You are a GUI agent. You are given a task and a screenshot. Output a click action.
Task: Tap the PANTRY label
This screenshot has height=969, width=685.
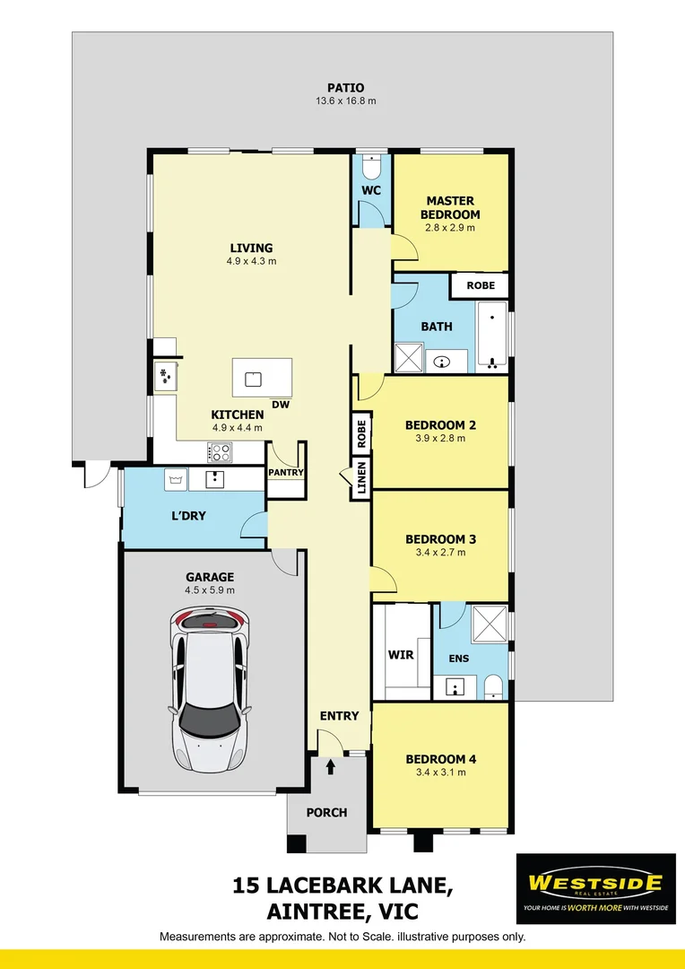point(287,473)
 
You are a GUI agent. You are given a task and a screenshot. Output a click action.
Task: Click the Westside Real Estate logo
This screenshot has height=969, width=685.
point(595,888)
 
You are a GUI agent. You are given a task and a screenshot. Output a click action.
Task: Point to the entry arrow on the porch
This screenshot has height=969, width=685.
point(331,766)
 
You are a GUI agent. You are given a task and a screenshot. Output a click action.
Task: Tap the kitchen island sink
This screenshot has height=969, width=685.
point(254,378)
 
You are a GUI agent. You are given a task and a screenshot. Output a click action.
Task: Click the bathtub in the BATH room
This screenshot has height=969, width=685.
point(492,337)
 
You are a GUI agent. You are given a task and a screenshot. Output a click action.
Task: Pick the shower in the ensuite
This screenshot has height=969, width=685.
point(491,622)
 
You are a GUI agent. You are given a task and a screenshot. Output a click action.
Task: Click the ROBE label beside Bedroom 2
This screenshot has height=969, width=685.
point(362,434)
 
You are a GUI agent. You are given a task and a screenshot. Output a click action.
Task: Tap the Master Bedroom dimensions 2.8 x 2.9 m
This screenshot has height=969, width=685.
point(450,228)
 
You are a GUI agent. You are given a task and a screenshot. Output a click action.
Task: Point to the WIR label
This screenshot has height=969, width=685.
point(401,655)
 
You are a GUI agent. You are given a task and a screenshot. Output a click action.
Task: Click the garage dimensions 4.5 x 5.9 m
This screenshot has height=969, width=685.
point(210,590)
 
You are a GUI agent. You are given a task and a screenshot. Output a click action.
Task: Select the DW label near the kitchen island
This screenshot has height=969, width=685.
point(281,405)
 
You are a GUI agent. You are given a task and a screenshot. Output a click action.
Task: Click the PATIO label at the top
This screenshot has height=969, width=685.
point(345,88)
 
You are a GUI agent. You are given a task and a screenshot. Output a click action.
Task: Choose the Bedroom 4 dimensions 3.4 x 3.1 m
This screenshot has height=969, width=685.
point(440,773)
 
